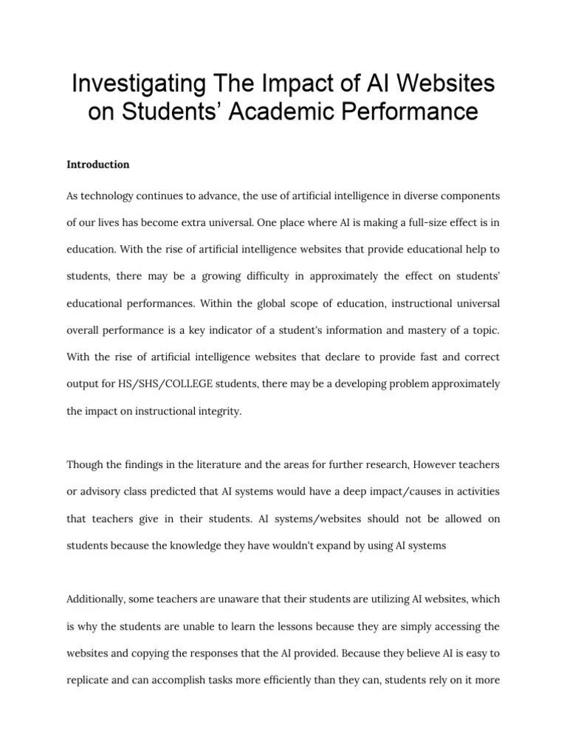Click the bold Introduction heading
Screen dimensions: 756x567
[98, 164]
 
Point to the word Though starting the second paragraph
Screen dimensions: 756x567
[85, 464]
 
